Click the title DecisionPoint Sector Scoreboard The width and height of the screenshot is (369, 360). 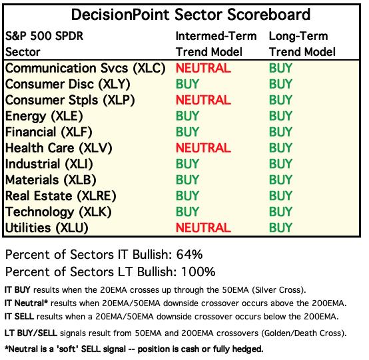[190, 15]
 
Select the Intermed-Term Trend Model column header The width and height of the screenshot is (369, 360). [216, 44]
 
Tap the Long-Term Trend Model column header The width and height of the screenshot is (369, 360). [302, 44]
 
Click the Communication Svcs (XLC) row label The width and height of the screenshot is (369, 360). [85, 69]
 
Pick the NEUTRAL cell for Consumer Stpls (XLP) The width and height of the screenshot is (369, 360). [203, 100]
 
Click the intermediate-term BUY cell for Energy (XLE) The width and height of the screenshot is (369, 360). [187, 116]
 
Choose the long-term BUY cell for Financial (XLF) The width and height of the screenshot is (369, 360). [280, 132]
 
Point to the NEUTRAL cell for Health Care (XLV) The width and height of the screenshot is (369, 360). [203, 148]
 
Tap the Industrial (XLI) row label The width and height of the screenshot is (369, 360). [49, 164]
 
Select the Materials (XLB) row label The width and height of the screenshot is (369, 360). [51, 180]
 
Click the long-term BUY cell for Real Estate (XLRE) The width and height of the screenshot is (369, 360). [280, 196]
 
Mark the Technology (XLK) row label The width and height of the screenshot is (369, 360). [58, 212]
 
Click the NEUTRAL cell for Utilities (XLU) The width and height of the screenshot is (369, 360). [203, 228]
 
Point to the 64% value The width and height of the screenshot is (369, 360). [189, 255]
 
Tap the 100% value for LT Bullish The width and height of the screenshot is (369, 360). [198, 271]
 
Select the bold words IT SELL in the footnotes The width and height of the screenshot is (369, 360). [19, 317]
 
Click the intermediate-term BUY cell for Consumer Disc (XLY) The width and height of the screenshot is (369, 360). [187, 85]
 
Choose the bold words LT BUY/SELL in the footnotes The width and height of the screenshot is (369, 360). [31, 333]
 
